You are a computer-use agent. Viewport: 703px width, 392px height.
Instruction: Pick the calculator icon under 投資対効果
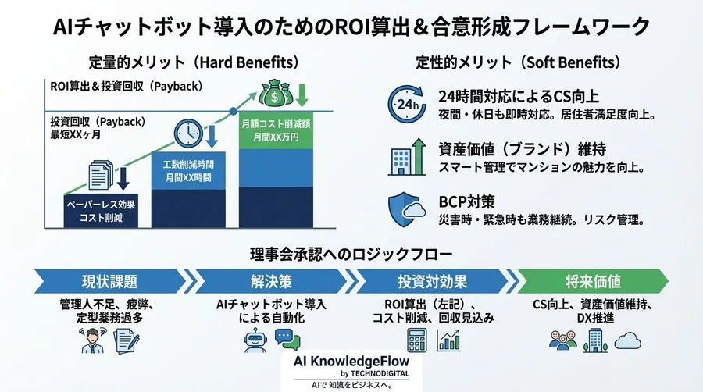tap(419, 339)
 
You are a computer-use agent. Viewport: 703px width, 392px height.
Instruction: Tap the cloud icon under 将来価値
tap(627, 340)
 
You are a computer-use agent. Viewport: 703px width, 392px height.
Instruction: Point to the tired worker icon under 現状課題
tap(93, 339)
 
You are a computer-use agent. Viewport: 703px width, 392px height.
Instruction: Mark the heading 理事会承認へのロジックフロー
tap(351, 254)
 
